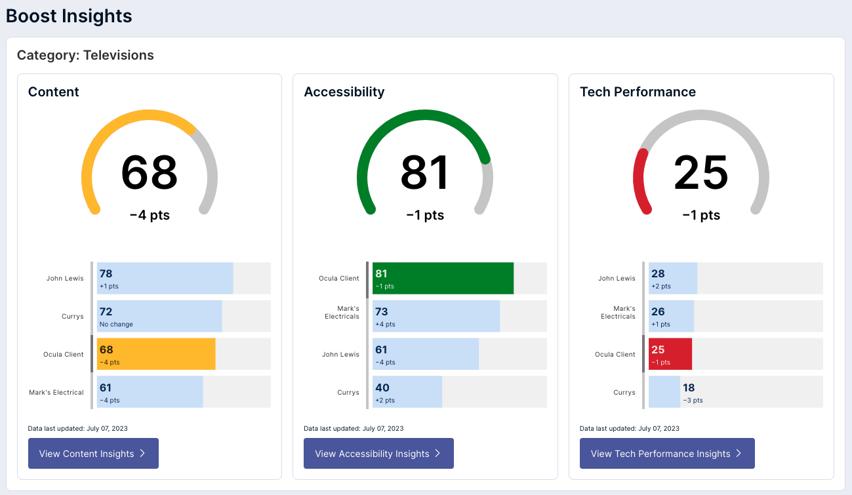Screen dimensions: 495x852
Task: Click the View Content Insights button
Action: click(x=93, y=454)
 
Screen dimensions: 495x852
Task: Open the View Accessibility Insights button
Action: click(x=378, y=454)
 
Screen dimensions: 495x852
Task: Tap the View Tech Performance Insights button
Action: click(x=667, y=454)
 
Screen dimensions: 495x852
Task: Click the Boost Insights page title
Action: click(x=69, y=16)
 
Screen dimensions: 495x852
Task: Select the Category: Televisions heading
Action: click(x=85, y=55)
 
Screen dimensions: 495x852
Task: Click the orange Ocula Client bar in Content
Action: click(x=156, y=354)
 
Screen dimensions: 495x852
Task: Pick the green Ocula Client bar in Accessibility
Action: click(x=443, y=278)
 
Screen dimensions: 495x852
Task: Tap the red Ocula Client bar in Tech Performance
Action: click(x=670, y=354)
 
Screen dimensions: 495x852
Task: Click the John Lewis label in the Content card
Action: click(x=65, y=278)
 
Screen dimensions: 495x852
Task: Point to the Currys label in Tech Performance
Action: click(x=624, y=392)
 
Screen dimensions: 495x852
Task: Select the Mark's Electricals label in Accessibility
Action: click(x=342, y=312)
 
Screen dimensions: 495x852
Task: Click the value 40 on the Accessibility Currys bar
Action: click(x=381, y=387)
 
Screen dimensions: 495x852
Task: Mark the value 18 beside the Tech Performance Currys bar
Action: click(x=689, y=387)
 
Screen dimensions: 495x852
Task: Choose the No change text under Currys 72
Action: click(x=116, y=324)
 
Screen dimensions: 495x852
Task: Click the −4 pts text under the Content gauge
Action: click(x=150, y=215)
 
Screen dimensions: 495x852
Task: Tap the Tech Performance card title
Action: click(x=638, y=92)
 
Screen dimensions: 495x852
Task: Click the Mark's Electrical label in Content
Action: click(x=56, y=392)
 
